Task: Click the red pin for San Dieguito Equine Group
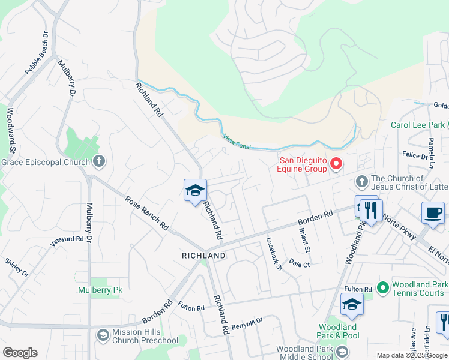(336, 163)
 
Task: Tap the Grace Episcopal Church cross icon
(100, 161)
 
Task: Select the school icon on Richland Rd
(195, 191)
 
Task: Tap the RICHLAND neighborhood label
(203, 256)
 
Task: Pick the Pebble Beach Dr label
(37, 53)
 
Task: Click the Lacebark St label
(274, 254)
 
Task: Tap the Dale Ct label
(299, 263)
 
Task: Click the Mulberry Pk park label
(100, 290)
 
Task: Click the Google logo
(20, 353)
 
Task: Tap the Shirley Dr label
(16, 268)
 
